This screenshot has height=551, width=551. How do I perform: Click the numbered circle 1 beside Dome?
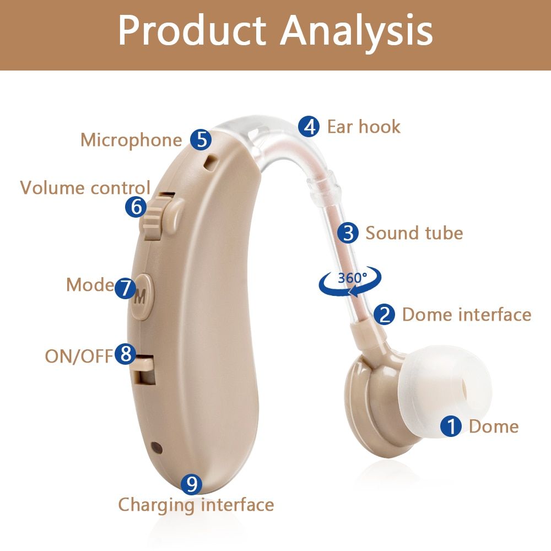[452, 426]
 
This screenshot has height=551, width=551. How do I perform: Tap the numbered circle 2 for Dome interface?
[385, 314]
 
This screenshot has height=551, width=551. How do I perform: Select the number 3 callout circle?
[348, 233]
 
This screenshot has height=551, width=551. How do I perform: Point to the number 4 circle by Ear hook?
[309, 127]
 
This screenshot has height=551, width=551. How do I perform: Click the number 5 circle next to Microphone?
[201, 139]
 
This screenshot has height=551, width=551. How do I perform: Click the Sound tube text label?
[414, 233]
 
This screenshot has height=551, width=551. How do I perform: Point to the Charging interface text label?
[196, 505]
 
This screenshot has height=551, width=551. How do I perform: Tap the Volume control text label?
[85, 188]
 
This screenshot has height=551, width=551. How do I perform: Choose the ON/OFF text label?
[79, 356]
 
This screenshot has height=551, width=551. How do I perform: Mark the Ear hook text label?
[364, 127]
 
